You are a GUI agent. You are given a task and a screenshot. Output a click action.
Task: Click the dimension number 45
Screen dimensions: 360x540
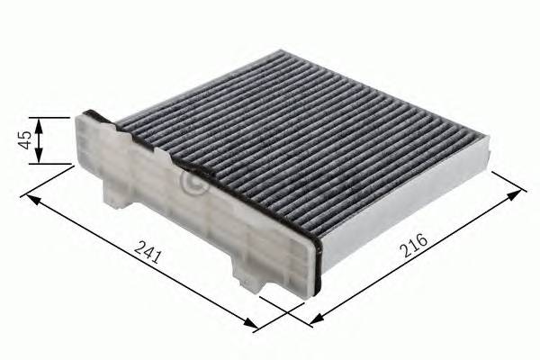point(25,139)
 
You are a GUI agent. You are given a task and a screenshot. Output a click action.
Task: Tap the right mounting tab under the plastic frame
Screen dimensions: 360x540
point(247,274)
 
